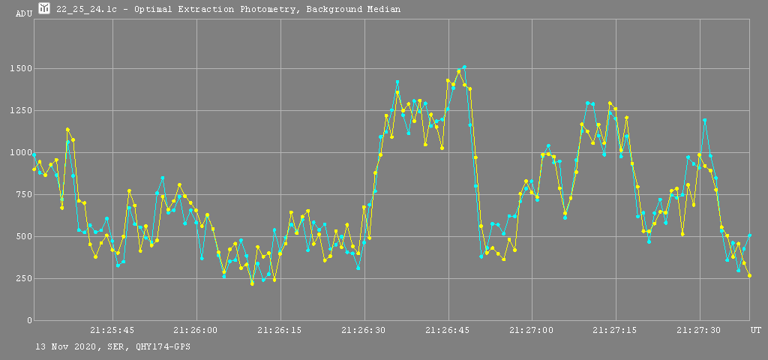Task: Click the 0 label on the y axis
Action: pos(26,321)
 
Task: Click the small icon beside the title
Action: pos(44,9)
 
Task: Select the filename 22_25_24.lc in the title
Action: pos(88,10)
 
